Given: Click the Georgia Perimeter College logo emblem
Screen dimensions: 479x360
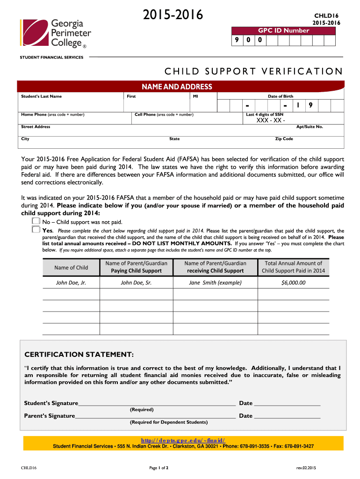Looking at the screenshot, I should [x=33, y=34].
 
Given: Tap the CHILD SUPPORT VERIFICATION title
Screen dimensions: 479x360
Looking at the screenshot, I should [x=253, y=72].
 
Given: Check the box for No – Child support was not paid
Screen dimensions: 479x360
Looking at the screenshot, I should [x=36, y=221].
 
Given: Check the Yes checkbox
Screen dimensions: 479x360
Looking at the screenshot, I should [x=36, y=229].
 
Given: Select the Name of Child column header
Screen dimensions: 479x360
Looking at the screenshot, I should [x=71, y=268].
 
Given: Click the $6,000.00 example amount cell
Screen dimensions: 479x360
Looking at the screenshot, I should [x=293, y=283].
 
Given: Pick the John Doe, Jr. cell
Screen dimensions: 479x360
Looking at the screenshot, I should [x=71, y=283].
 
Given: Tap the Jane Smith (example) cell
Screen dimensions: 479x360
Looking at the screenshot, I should [x=215, y=283].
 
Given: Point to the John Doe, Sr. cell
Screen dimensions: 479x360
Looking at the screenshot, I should [x=136, y=283].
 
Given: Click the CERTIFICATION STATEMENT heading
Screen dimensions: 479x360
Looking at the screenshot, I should [x=79, y=354].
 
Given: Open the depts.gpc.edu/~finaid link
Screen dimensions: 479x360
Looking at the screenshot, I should [x=183, y=440].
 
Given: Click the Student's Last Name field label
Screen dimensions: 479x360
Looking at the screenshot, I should [x=42, y=96].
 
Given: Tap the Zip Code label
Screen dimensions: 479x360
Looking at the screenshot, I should [x=284, y=139].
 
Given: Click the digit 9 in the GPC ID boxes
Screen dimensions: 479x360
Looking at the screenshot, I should [x=237, y=41].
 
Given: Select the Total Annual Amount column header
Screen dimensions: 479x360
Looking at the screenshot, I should [x=293, y=267].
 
